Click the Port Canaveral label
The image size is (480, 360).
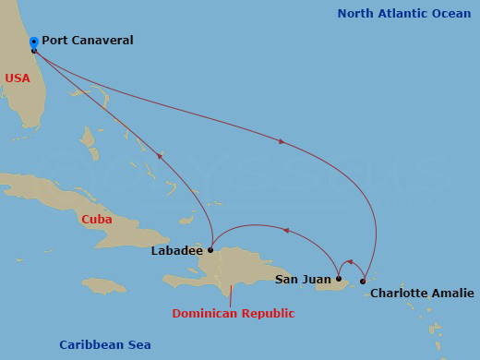tap(87, 41)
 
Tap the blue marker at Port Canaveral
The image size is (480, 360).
tap(34, 42)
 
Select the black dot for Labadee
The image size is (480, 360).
tap(210, 249)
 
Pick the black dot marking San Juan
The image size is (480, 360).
tap(339, 279)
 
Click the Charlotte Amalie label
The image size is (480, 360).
tap(422, 294)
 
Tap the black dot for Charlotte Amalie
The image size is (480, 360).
tap(363, 281)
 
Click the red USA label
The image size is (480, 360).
tap(18, 78)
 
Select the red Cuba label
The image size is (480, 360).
tap(97, 220)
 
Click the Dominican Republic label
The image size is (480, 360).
tap(234, 314)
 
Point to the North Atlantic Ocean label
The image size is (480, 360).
tap(404, 14)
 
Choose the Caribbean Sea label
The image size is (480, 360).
tap(105, 345)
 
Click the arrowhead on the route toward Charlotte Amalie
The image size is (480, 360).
tap(281, 141)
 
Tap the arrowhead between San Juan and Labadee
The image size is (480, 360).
tap(285, 231)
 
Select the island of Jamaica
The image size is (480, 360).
tap(103, 286)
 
